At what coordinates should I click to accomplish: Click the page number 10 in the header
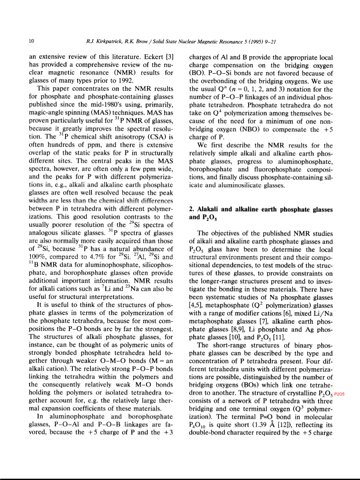click(x=31, y=42)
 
